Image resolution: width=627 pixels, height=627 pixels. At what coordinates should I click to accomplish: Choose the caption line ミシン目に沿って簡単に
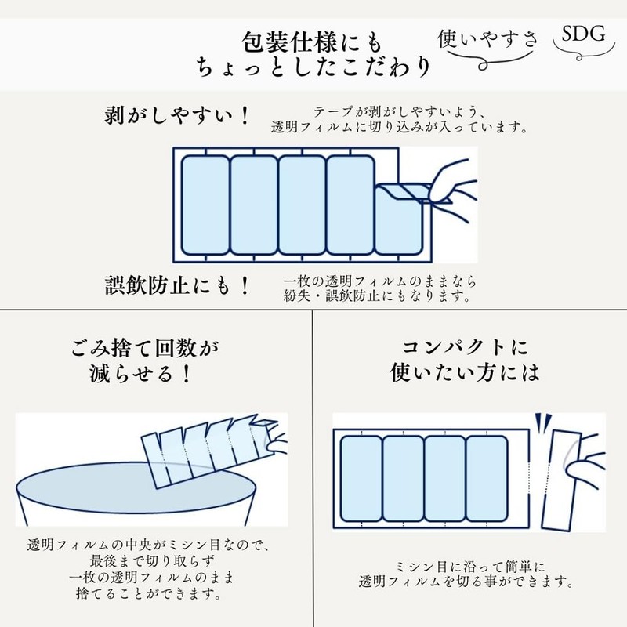(468, 566)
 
